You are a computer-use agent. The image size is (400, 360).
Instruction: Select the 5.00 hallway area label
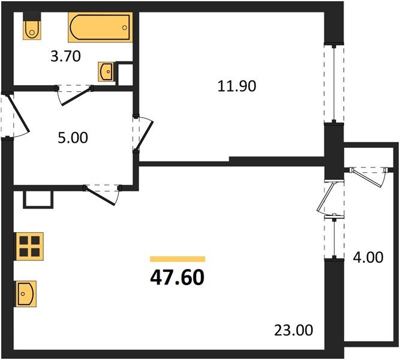point(73,138)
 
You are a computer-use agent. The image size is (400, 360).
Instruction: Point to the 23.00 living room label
point(293,329)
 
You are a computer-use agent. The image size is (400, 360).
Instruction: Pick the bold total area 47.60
point(178,278)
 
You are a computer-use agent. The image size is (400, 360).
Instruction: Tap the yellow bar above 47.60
point(178,259)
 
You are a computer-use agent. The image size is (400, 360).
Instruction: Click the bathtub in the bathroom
point(100,28)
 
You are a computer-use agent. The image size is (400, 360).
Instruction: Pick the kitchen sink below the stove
point(26,293)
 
